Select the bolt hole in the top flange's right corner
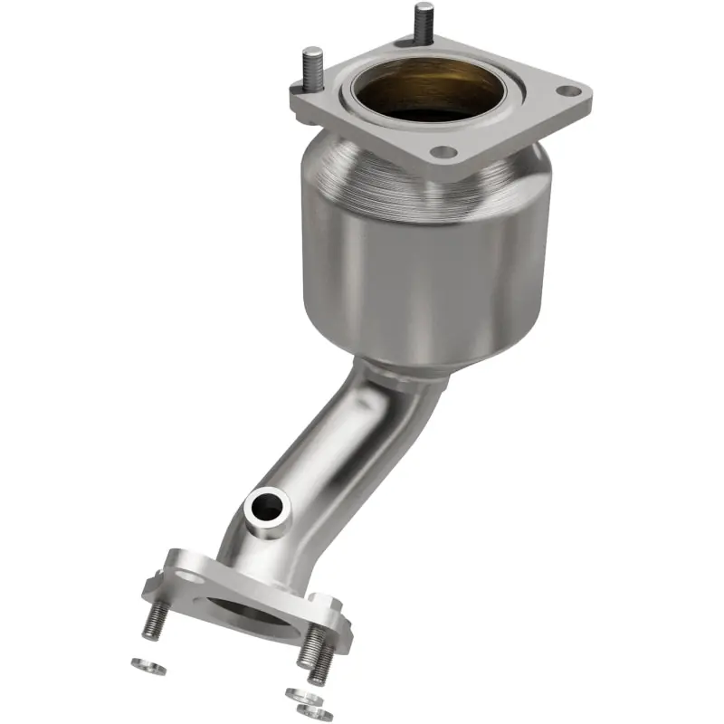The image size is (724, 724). (x=567, y=91)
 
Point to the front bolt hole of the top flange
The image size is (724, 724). (x=442, y=153)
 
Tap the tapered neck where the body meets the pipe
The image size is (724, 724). (x=398, y=367)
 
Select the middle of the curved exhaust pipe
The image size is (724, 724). (x=335, y=452)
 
